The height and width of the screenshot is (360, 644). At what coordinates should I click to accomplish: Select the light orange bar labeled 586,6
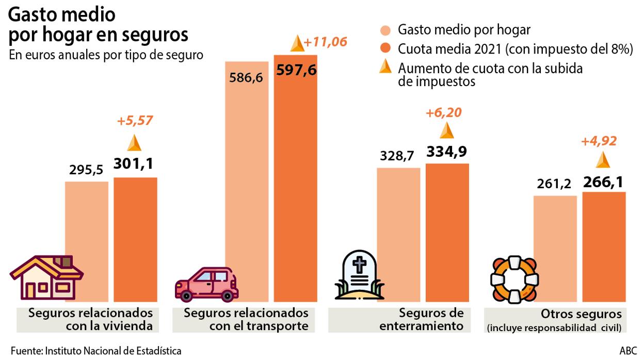point(247,181)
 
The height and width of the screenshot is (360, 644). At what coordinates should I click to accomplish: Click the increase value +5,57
point(135,121)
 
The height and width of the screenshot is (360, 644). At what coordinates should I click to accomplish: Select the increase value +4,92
point(599,141)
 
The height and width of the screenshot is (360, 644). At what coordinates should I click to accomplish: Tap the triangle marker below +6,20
point(446,131)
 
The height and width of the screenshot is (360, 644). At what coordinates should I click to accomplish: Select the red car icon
point(206,284)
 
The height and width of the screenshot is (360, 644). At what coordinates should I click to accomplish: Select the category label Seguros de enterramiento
point(431,319)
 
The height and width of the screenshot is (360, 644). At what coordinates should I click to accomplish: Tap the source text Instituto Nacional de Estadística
point(113,351)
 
